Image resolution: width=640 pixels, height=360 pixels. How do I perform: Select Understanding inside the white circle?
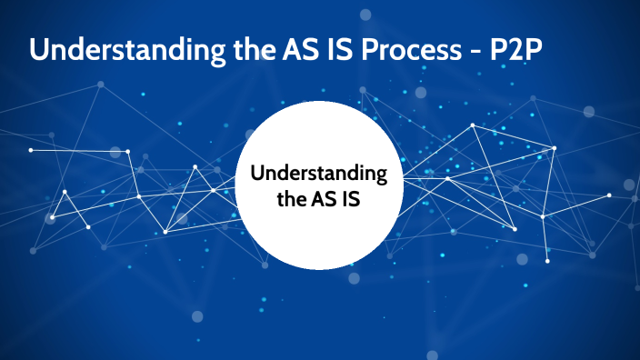[x=318, y=174]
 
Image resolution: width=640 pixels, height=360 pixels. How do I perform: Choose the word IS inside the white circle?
[x=350, y=200]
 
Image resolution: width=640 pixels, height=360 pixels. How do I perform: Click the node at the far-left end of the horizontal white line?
[x=31, y=150]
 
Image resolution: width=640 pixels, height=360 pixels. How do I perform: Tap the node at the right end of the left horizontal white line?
[x=128, y=151]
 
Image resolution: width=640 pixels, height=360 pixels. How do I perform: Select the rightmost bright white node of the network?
[x=609, y=195]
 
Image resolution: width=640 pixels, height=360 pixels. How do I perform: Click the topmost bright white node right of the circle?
[x=472, y=125]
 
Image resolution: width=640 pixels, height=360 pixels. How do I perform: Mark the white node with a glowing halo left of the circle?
[x=52, y=217]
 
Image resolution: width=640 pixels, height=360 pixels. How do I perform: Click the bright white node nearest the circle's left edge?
[x=213, y=190]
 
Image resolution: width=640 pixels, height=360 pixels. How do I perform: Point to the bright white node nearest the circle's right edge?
[x=447, y=178]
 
